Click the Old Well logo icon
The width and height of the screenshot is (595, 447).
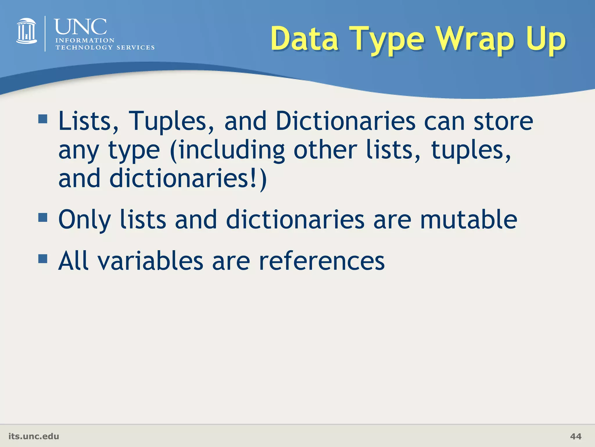26,31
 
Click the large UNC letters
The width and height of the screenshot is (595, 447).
80,27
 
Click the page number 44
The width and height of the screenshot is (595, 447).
576,436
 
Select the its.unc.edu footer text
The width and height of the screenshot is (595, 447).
34,436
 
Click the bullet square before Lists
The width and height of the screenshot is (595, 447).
43,119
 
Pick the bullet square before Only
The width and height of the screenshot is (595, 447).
43,217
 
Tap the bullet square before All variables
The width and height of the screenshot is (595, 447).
43,258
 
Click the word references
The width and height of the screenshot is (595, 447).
322,261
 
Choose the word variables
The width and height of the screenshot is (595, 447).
150,261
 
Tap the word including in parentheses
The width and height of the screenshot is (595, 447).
232,150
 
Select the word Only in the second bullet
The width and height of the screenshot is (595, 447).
85,220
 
